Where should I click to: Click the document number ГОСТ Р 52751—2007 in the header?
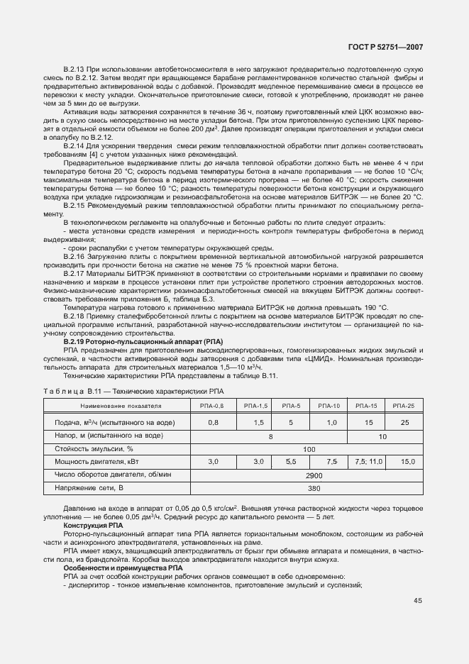coord(385,47)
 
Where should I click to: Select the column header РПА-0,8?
coord(214,405)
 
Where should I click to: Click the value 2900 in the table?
coord(309,475)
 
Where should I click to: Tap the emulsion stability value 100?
coord(309,449)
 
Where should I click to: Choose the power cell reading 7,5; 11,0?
coord(366,462)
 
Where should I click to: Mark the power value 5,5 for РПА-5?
coord(291,462)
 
